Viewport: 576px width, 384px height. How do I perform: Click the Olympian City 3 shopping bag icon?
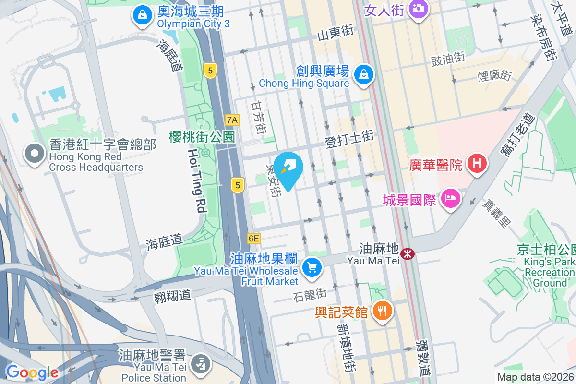coord(143,15)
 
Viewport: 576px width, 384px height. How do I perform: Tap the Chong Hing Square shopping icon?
coord(364,74)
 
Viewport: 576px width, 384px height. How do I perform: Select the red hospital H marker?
coord(477,163)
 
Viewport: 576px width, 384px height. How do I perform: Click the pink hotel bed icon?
coord(451,197)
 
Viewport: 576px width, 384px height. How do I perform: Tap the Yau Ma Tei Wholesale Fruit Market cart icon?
coord(312,266)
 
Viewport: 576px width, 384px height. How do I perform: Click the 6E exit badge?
coord(253,238)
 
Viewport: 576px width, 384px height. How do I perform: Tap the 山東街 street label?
coord(335,32)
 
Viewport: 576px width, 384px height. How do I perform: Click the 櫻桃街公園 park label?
coord(202,137)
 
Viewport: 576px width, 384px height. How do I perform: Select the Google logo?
coord(32,372)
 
